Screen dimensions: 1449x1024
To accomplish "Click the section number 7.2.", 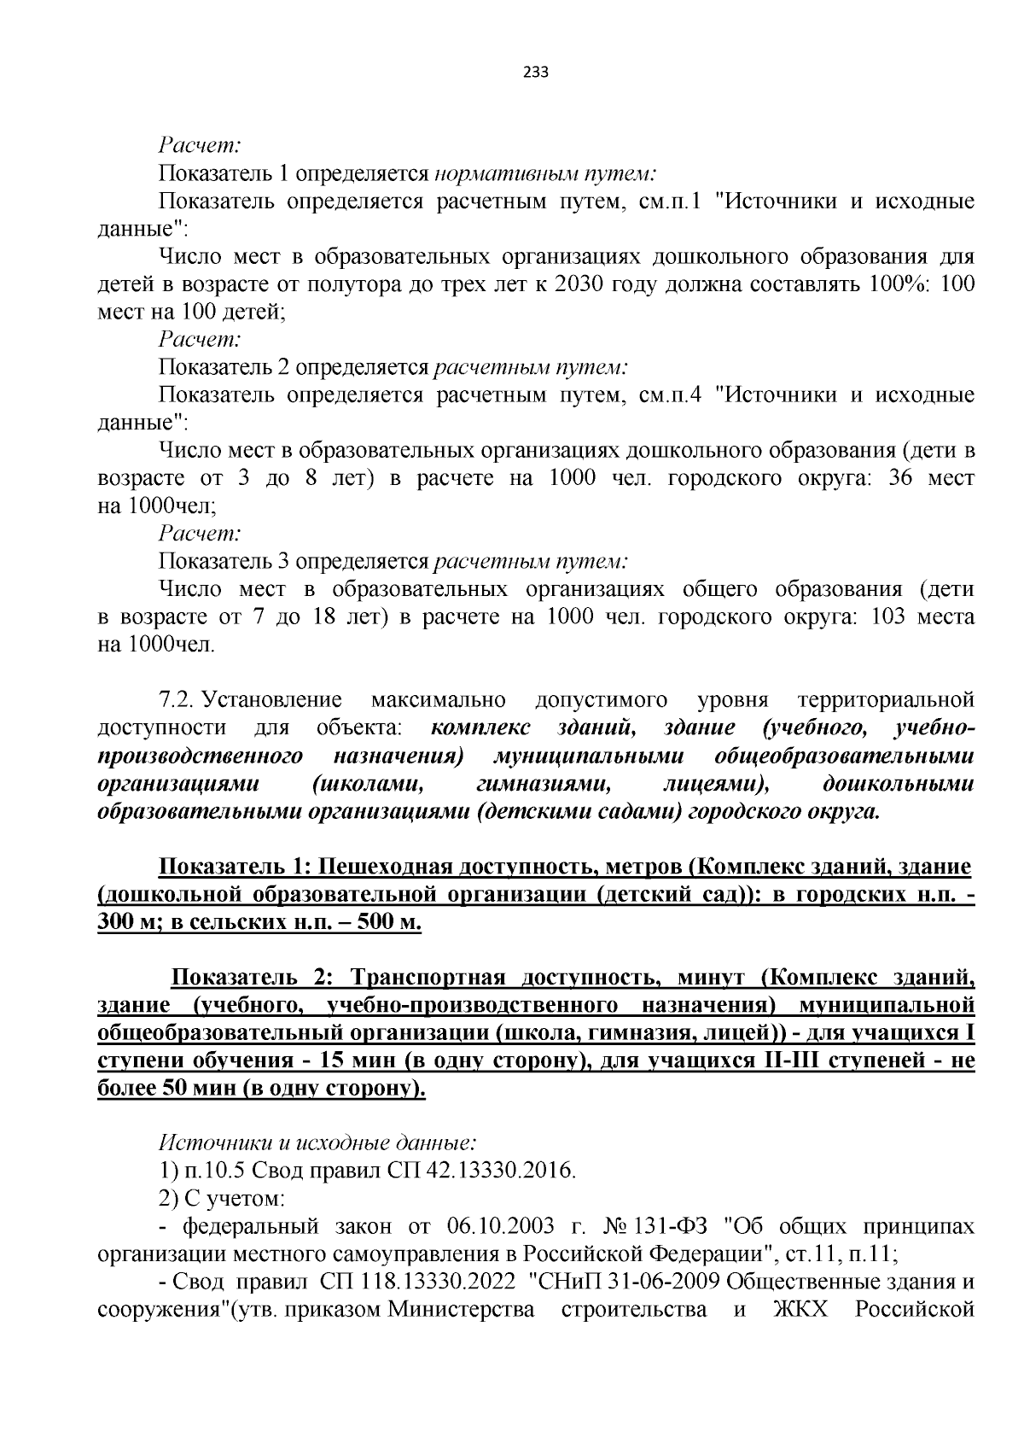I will (177, 700).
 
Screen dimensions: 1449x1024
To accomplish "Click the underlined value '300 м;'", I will (126, 923).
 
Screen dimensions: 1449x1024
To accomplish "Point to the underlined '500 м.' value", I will (390, 923).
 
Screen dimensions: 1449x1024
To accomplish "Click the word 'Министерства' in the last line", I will (462, 1310).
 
